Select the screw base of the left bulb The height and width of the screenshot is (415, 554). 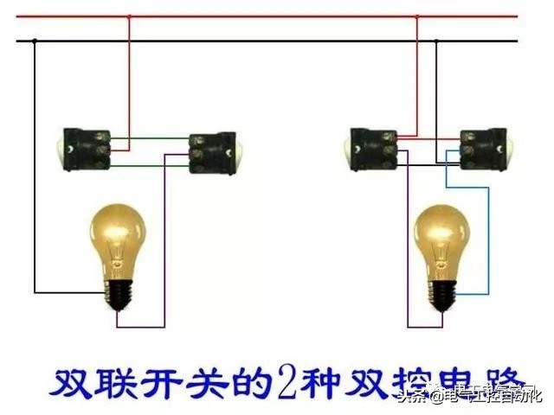(119, 294)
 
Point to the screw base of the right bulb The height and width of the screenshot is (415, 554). (441, 294)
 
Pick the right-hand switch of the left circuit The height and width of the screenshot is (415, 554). (213, 153)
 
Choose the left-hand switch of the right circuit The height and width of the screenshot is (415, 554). (372, 148)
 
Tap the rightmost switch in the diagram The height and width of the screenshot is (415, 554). (483, 148)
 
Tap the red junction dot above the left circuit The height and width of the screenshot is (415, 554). (129, 16)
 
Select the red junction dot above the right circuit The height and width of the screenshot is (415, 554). (416, 16)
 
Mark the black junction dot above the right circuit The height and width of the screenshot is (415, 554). (435, 41)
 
